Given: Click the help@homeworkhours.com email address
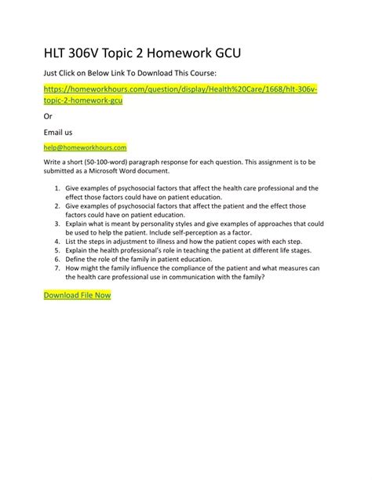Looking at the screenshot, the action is coord(85,147).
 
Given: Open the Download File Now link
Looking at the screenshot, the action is coord(77,296).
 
